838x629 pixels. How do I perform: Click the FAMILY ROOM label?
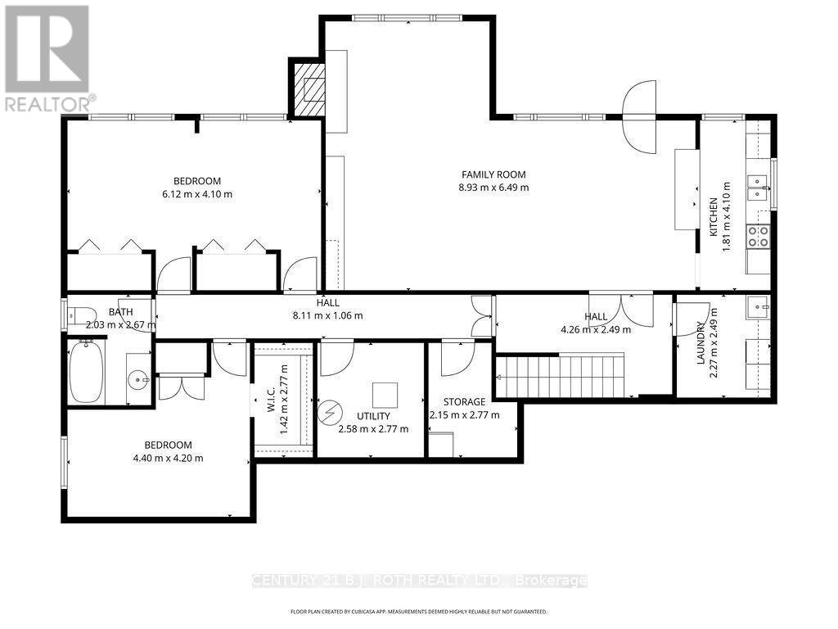click(493, 174)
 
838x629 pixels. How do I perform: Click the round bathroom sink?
click(140, 381)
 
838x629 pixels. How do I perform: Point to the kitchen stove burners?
click(758, 237)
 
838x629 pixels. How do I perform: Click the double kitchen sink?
click(757, 188)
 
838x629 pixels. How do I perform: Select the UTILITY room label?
click(373, 416)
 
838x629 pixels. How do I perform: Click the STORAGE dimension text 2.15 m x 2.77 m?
click(465, 415)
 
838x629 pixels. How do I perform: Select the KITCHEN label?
click(713, 217)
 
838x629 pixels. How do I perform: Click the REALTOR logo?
click(48, 58)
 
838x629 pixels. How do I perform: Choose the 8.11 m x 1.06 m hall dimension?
click(327, 315)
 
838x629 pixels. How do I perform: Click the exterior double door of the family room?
click(639, 116)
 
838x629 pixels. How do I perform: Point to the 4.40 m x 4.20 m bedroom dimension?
click(168, 458)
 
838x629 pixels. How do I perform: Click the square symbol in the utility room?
click(385, 396)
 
